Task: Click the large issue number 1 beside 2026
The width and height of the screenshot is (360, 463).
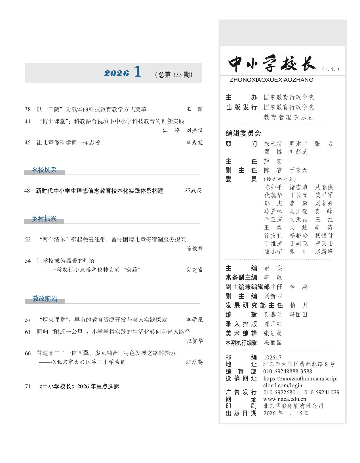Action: tap(137, 72)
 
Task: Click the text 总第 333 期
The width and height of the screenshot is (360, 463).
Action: tap(174, 75)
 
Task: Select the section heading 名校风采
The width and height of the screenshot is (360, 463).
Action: tap(44, 170)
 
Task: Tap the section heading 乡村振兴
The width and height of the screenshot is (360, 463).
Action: tap(44, 219)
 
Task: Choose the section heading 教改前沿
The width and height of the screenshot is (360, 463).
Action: tap(45, 299)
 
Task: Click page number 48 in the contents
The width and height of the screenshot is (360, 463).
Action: tap(27, 191)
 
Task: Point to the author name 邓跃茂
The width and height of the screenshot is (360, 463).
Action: tap(193, 191)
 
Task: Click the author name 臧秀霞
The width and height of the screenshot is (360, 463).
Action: tap(194, 142)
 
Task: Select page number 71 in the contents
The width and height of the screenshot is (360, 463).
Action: tap(28, 386)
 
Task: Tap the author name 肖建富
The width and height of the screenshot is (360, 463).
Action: tap(195, 270)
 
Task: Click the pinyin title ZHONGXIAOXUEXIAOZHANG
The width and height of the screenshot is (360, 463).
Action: tap(271, 80)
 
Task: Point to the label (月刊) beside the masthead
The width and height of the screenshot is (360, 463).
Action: tap(330, 69)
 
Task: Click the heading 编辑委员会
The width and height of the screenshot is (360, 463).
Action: tap(243, 133)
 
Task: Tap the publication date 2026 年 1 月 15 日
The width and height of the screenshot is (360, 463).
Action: tap(286, 413)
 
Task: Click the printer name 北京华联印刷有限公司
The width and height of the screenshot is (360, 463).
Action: tap(293, 406)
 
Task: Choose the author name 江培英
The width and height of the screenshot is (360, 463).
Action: tap(194, 362)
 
